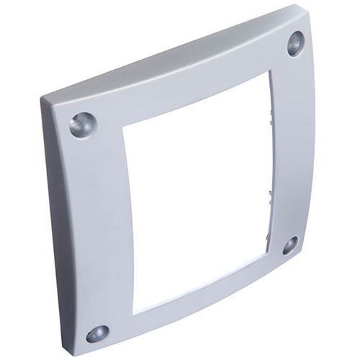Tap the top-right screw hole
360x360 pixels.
pyautogui.click(x=296, y=43)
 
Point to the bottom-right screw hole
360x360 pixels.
pyautogui.click(x=290, y=246)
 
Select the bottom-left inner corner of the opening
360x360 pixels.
pyautogui.click(x=135, y=311)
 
